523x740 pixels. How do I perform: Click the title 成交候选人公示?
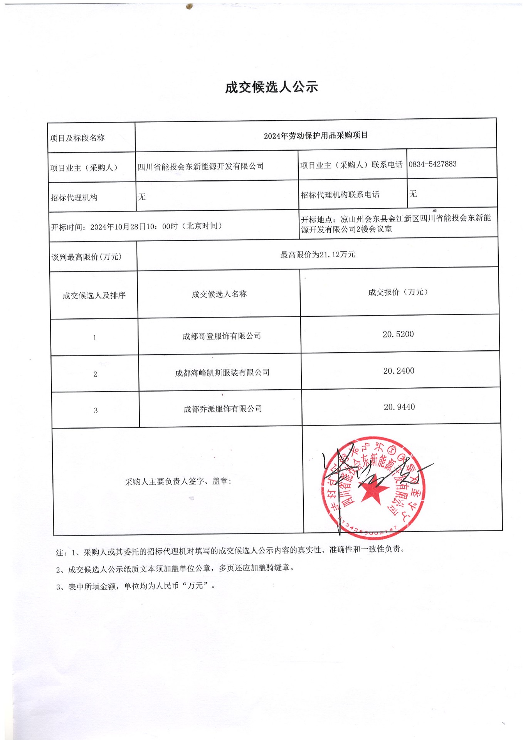pyautogui.click(x=271, y=87)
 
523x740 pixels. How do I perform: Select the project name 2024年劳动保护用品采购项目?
pyautogui.click(x=316, y=136)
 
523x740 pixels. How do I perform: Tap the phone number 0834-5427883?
pyautogui.click(x=432, y=164)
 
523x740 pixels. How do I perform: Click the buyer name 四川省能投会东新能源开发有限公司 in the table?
pyautogui.click(x=201, y=166)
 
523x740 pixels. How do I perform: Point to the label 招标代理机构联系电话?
pyautogui.click(x=340, y=195)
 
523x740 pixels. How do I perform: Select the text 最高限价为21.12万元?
pyautogui.click(x=318, y=255)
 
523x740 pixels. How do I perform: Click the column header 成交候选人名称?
pyautogui.click(x=219, y=294)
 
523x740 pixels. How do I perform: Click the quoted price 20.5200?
pyautogui.click(x=398, y=335)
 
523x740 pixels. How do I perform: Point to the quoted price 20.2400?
pyautogui.click(x=399, y=371)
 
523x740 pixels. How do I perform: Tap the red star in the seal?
pyautogui.click(x=373, y=492)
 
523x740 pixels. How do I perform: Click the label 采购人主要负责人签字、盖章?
pyautogui.click(x=178, y=482)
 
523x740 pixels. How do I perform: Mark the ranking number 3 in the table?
pyautogui.click(x=96, y=411)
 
